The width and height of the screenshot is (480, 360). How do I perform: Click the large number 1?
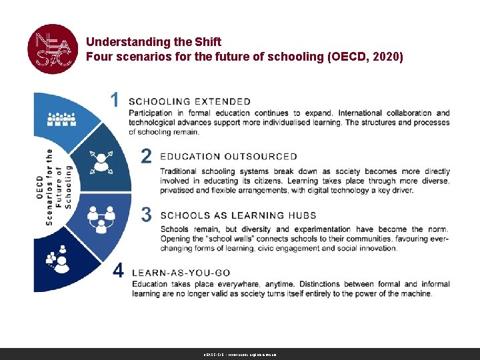[x=115, y=100]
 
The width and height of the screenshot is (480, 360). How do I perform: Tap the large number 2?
[x=146, y=156]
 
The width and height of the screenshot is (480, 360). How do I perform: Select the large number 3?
[x=146, y=215]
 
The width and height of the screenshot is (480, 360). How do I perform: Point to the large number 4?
[x=118, y=271]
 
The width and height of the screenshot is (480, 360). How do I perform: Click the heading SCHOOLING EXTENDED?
[x=189, y=102]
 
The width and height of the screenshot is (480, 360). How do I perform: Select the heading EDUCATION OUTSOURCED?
[x=229, y=157]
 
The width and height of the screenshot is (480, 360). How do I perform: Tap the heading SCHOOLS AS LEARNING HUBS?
[x=229, y=215]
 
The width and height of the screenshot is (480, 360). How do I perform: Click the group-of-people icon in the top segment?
[x=61, y=119]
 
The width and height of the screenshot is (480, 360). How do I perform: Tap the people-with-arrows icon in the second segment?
[x=101, y=161]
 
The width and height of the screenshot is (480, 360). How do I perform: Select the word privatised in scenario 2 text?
[x=183, y=190]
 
